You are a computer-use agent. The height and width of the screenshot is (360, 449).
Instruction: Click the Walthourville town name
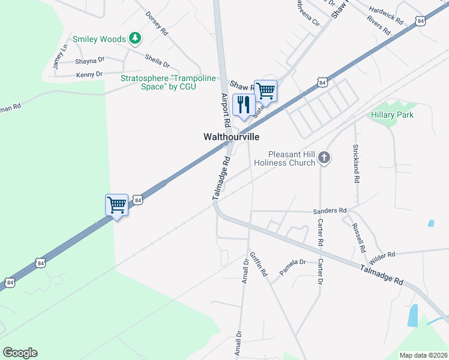pos(231,137)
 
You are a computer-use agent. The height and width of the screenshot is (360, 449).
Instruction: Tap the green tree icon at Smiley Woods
pos(136,39)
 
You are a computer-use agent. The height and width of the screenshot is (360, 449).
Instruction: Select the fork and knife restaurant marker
pos(244,104)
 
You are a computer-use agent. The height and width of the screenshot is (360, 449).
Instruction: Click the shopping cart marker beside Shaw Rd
pos(265,91)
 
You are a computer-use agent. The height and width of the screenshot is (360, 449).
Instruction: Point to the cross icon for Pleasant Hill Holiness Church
pos(324,158)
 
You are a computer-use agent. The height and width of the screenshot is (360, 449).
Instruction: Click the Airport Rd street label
pos(226,109)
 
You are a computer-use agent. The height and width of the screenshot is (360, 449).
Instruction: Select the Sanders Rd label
pos(330,211)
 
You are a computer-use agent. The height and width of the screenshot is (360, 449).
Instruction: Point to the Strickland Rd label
pos(356,163)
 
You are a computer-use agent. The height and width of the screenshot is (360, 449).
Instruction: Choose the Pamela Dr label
pos(292,262)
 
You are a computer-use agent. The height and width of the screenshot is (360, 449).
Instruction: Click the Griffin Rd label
pos(259,263)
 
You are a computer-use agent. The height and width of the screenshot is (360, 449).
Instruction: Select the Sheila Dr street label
pos(157,61)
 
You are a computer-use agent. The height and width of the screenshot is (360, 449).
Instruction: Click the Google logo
pos(20,353)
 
